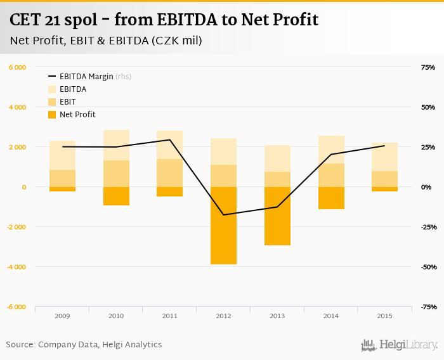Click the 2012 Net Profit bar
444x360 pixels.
coord(223,225)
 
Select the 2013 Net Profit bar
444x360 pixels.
coord(277,215)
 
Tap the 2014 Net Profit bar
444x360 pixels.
coord(331,198)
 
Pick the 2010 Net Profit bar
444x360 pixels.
coord(116,196)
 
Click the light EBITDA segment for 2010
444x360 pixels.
coord(116,145)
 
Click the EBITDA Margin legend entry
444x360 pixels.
coord(86,77)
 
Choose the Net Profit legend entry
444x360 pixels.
coord(77,115)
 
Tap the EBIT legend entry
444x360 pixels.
coord(68,102)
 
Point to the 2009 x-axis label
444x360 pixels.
coord(62,316)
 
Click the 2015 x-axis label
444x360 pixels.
coord(384,316)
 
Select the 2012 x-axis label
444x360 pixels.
coord(223,316)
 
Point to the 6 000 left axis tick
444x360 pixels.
coord(17,67)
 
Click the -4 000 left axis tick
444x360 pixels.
coord(16,267)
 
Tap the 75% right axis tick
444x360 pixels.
coord(428,67)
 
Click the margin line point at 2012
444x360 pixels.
coord(223,215)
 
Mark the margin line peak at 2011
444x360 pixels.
coord(169,140)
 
